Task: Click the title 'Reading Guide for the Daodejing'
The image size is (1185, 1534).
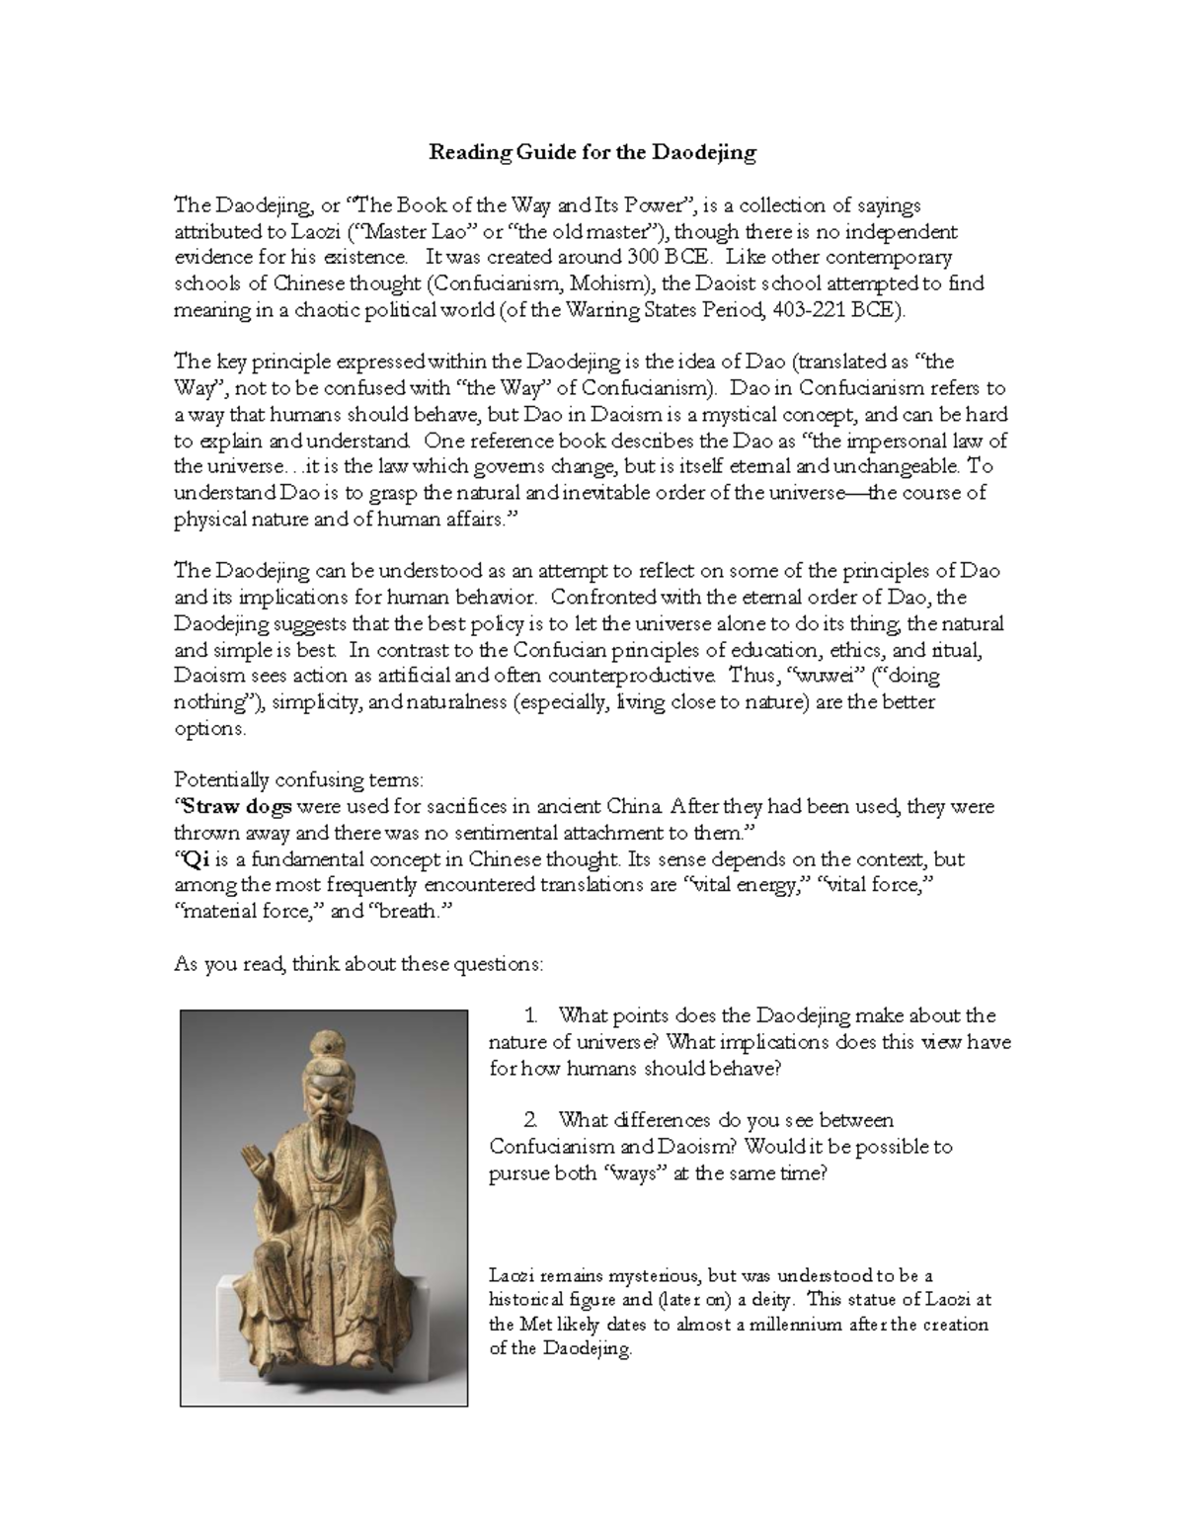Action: coord(592,153)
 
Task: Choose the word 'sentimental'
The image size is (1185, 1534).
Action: coord(533,833)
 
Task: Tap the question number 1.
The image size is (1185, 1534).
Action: coord(531,1015)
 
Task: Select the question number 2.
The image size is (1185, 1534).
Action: coord(531,1120)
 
